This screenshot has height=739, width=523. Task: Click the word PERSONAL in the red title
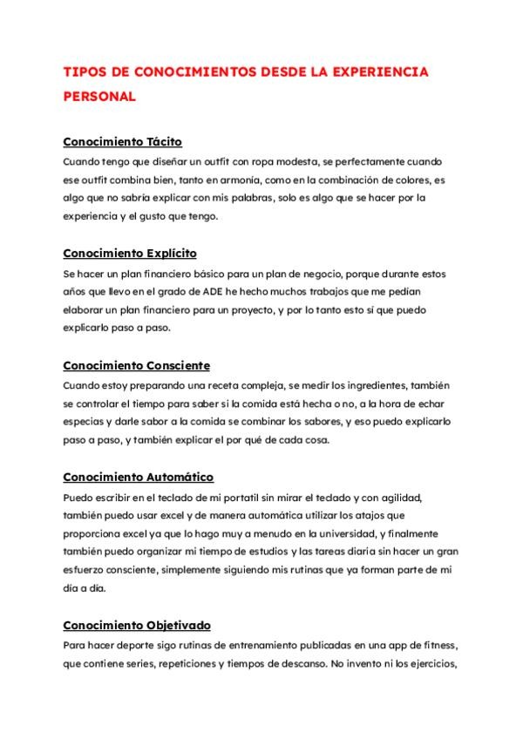(x=99, y=97)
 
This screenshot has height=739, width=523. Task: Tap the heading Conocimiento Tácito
(x=123, y=141)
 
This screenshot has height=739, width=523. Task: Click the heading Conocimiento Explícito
(x=130, y=253)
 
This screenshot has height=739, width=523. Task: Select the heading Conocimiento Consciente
(x=137, y=365)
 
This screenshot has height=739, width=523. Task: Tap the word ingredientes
(x=343, y=385)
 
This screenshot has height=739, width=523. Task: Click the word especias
(x=85, y=422)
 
